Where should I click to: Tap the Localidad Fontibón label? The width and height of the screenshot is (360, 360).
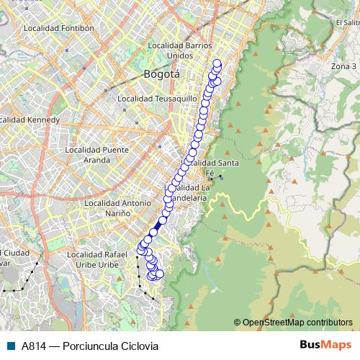coord(59,29)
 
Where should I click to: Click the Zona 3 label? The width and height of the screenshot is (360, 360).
coord(344,66)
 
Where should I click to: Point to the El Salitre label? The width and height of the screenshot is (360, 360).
coord(347,22)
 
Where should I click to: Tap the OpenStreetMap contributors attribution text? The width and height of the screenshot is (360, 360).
coord(296,323)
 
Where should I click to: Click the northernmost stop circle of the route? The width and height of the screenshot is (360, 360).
coord(217,63)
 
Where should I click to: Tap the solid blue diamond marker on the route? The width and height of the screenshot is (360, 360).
coord(158,226)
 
